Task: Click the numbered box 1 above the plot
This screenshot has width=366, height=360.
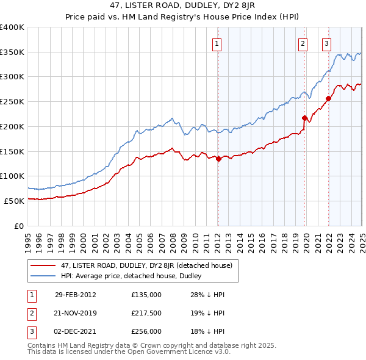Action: tap(217, 43)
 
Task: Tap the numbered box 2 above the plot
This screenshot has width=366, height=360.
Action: tap(303, 43)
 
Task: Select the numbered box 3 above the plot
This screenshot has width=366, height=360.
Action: tap(327, 43)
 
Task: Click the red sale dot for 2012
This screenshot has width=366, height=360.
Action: tap(218, 159)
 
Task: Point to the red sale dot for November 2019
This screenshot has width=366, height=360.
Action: tap(304, 118)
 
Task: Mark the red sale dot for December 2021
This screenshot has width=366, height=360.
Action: tap(328, 98)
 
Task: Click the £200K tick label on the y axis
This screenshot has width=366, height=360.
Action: tap(12, 126)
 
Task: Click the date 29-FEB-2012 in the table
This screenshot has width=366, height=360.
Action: tap(75, 295)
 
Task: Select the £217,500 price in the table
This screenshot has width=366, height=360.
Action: tap(146, 313)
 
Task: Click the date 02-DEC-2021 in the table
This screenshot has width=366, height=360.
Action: tap(76, 331)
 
